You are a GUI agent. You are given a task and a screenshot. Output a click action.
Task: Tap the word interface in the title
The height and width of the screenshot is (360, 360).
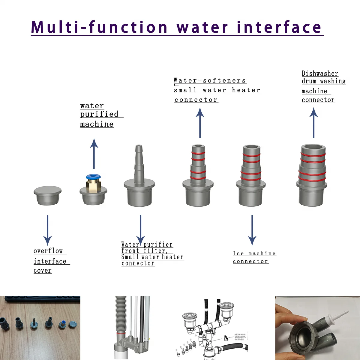click(x=279, y=27)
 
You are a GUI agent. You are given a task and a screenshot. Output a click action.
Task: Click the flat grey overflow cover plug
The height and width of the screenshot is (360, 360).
click(x=47, y=195)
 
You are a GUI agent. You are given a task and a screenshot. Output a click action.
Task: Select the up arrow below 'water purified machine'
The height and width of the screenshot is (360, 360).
click(x=94, y=153)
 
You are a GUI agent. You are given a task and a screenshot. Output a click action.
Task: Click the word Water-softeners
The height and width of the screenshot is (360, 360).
click(x=210, y=80)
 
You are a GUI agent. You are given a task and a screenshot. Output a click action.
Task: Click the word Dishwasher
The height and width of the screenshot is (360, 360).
click(x=320, y=73)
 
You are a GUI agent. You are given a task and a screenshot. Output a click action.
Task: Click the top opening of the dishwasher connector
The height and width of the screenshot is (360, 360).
click(x=313, y=148)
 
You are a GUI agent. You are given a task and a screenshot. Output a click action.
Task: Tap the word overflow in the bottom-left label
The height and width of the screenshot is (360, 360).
click(x=48, y=251)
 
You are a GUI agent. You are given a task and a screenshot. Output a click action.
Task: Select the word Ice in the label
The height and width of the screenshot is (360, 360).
click(x=238, y=253)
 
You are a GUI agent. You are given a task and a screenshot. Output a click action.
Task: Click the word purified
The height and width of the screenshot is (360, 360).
click(x=99, y=114)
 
